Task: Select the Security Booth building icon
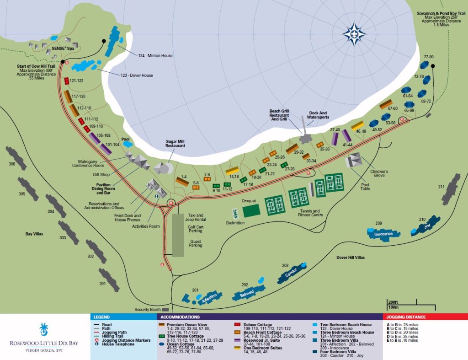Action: tap(159, 310)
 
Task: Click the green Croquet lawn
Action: tap(251, 210)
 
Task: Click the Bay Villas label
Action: tap(34, 234)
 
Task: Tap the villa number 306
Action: tap(11, 163)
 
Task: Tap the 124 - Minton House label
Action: tap(155, 56)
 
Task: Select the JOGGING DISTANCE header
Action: tap(406, 317)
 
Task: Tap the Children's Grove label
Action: tap(379, 173)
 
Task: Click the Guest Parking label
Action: tap(196, 244)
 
